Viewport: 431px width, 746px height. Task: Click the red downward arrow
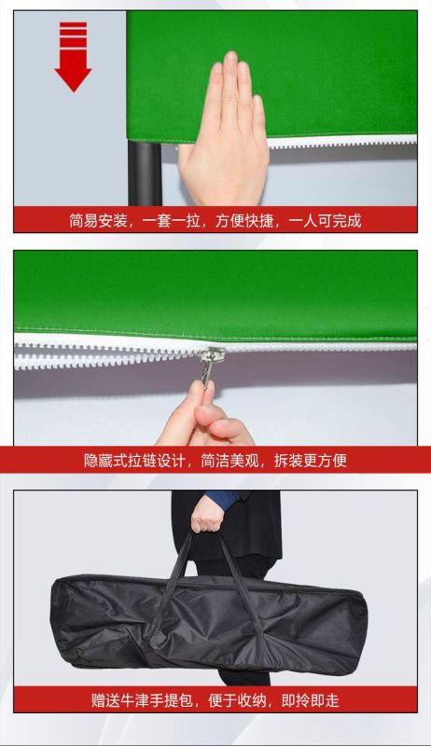click(x=73, y=56)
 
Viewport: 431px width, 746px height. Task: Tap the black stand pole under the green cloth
click(x=145, y=173)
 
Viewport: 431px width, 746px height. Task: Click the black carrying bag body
click(x=208, y=622)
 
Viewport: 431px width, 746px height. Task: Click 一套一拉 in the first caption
click(x=172, y=221)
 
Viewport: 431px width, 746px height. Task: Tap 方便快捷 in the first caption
click(x=244, y=221)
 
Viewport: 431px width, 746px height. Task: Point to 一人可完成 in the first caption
click(x=325, y=221)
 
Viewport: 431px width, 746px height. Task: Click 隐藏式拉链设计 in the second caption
click(x=134, y=461)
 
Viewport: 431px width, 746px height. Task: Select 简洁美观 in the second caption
click(x=229, y=461)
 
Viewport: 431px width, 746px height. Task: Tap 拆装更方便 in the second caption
click(x=310, y=461)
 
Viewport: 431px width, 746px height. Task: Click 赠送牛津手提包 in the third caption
click(x=142, y=700)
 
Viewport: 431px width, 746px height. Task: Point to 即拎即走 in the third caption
click(x=310, y=700)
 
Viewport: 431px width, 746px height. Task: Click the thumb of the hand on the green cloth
click(x=187, y=156)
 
